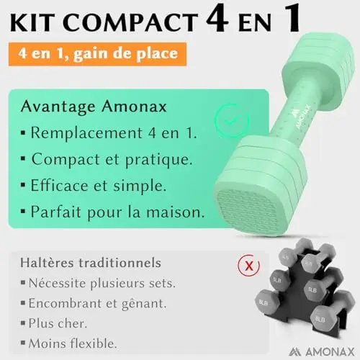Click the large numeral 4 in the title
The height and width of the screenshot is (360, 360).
pos(217,19)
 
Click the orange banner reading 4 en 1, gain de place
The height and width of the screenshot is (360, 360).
pos(97,54)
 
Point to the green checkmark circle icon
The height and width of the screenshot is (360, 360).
pos(232,121)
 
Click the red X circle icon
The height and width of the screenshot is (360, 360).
pos(249,266)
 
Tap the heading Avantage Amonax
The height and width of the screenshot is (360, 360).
pos(94,107)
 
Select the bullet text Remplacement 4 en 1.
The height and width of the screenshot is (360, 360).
pos(114,132)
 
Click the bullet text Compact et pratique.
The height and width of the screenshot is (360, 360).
pos(112,159)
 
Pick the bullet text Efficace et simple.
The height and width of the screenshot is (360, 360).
pos(99,186)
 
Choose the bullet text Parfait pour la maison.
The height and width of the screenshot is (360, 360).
pos(117,212)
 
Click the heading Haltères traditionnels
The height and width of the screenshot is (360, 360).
pos(91,263)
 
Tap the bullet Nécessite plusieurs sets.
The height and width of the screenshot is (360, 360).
pos(102,283)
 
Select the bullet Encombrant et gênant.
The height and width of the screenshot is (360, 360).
pos(97,304)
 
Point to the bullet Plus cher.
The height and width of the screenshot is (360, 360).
pos(58,323)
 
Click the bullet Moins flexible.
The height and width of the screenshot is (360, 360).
pos(73,343)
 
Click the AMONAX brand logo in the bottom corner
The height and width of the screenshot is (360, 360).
pos(322,352)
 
